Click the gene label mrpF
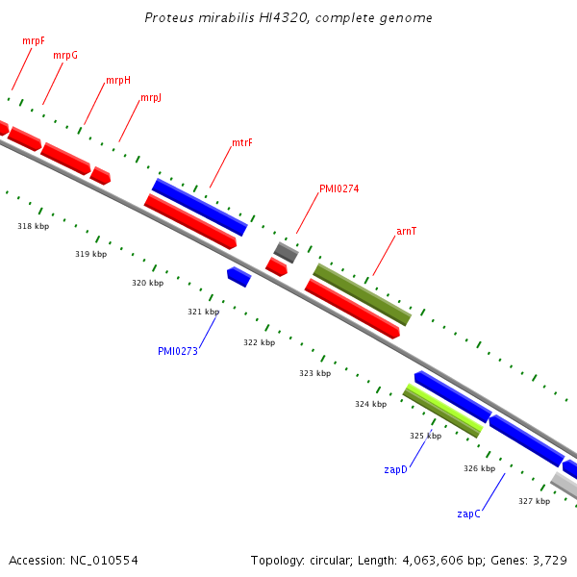(x=34, y=41)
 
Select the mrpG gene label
(x=65, y=56)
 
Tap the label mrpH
(x=118, y=80)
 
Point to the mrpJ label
(x=151, y=98)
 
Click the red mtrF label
(x=242, y=143)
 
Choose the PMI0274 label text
(x=339, y=189)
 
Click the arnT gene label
(x=407, y=232)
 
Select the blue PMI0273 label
(x=178, y=351)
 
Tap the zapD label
(x=395, y=469)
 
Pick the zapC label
(x=468, y=514)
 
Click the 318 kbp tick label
(x=33, y=226)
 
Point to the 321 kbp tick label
(x=203, y=312)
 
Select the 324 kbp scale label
(x=370, y=404)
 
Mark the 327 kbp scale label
(x=534, y=501)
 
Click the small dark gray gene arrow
(x=286, y=253)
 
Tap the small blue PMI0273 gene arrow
(x=238, y=277)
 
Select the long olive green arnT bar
(x=362, y=294)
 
